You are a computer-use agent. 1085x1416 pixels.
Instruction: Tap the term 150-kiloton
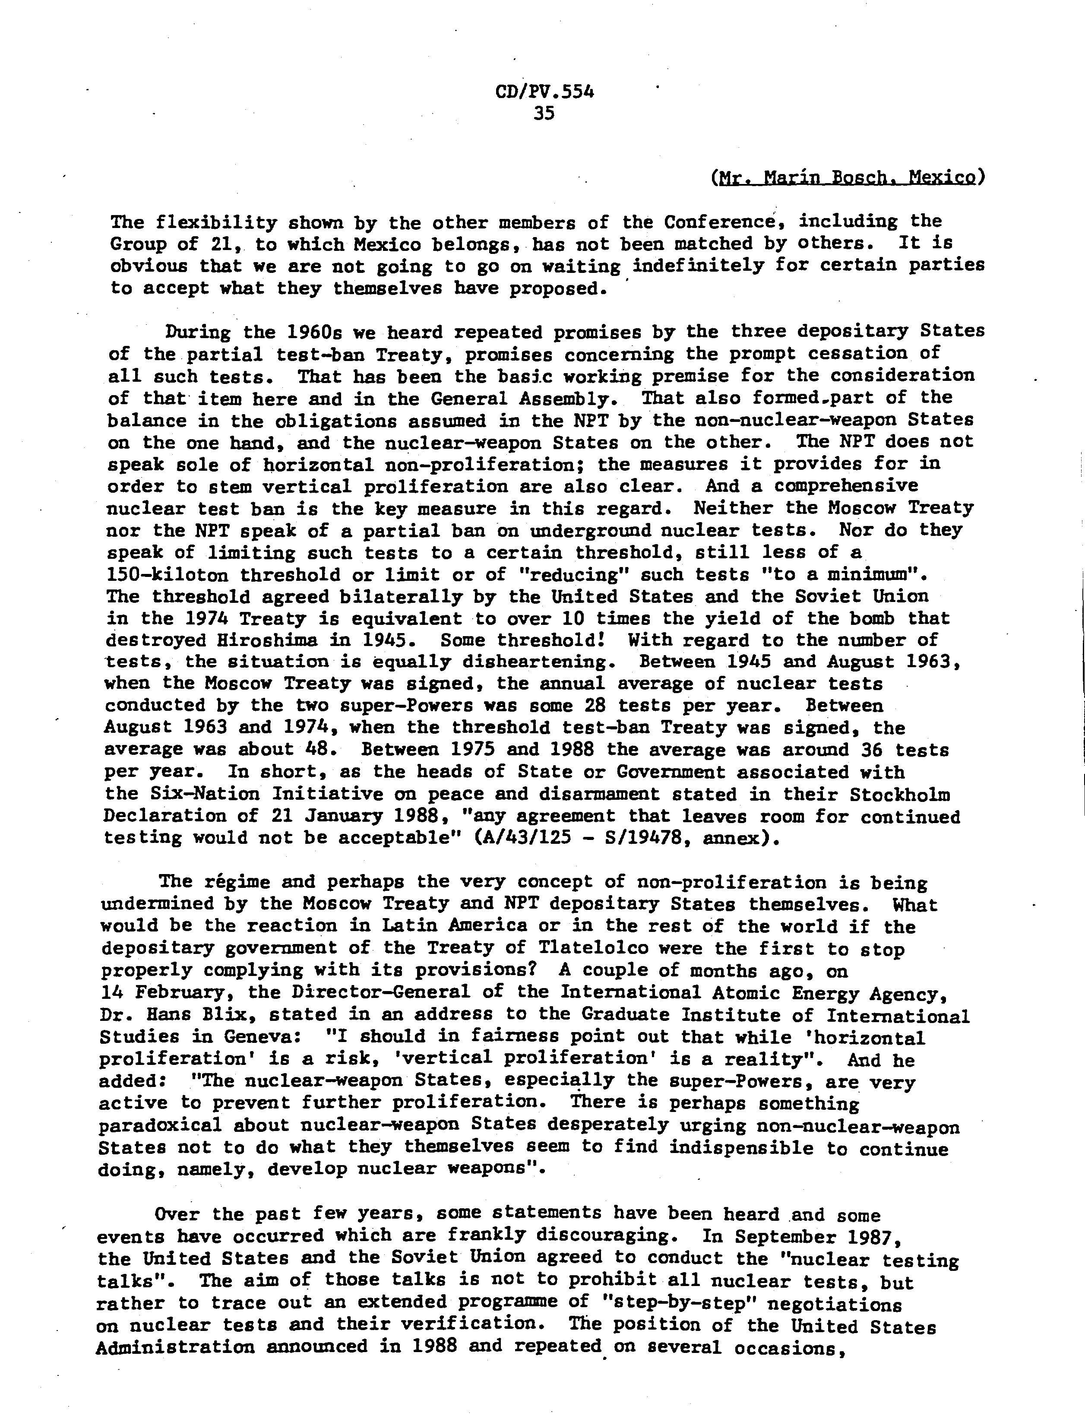[x=167, y=575]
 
